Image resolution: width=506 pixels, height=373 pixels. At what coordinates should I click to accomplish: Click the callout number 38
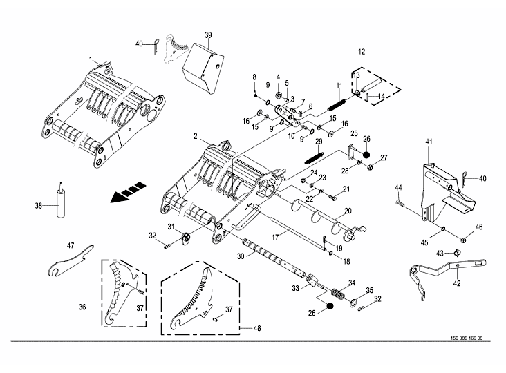coord(39,205)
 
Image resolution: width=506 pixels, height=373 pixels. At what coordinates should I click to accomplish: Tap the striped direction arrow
coord(128,193)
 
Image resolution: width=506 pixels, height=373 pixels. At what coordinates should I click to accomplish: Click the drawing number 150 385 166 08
coord(467,338)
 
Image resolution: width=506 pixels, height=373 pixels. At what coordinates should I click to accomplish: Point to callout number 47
coord(71,245)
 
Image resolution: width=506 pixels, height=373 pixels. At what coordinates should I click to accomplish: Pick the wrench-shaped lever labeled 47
coord(71,260)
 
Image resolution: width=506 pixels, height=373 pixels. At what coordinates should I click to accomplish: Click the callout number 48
coord(257,328)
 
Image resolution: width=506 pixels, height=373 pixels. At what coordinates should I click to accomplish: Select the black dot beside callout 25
coord(366,155)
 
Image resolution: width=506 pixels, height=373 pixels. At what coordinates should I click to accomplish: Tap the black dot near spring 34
coord(330,305)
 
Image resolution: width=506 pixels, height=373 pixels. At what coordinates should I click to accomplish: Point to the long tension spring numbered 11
coord(337,104)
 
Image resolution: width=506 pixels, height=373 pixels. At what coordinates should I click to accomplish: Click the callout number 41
coord(429,142)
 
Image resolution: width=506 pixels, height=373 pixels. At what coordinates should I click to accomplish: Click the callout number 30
coord(241,256)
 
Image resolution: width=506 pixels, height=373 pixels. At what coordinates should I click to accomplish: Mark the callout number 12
coord(362,52)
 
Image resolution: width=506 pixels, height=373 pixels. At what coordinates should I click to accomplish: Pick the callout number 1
coord(91,59)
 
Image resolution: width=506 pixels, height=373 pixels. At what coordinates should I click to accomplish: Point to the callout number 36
coord(82,307)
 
